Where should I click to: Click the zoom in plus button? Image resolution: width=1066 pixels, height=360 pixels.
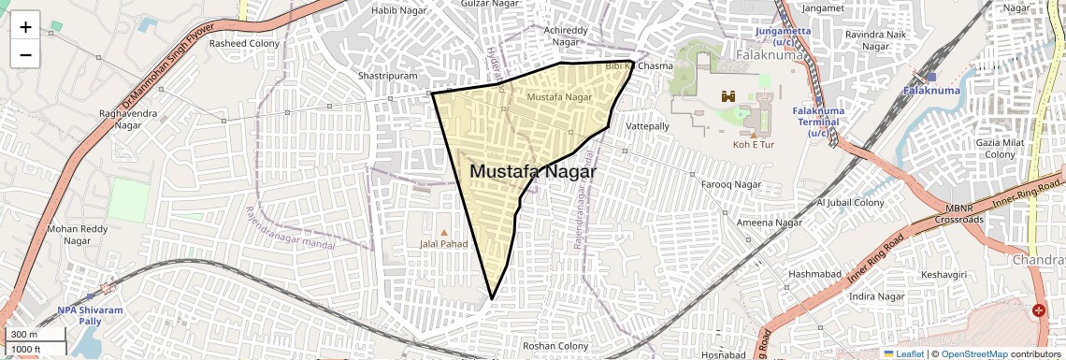25,27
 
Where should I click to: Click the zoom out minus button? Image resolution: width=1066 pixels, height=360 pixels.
25,55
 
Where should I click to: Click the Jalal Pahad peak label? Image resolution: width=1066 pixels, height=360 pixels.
443,243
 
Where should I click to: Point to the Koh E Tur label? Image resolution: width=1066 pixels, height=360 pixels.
754,145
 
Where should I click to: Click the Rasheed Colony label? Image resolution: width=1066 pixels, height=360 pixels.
244,43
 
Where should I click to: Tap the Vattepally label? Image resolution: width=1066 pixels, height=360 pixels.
648,125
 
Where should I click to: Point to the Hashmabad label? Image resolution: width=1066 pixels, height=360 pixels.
814,273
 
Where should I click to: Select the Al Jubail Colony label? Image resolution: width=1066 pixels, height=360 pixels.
850,202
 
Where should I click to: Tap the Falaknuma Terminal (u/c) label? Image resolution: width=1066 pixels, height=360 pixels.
818,122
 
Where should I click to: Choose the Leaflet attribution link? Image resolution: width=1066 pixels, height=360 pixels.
902,354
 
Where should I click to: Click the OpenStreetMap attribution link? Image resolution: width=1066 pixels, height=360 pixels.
973,354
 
